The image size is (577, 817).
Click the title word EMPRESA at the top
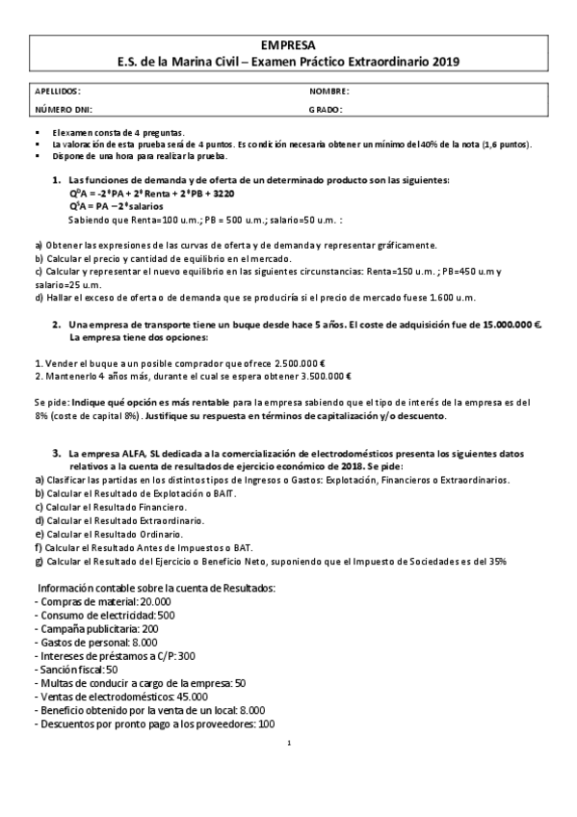pyautogui.click(x=287, y=44)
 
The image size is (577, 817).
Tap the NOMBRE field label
pyautogui.click(x=328, y=91)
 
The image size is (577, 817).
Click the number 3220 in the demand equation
pyautogui.click(x=223, y=193)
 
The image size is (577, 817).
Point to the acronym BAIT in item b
pyautogui.click(x=223, y=492)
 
